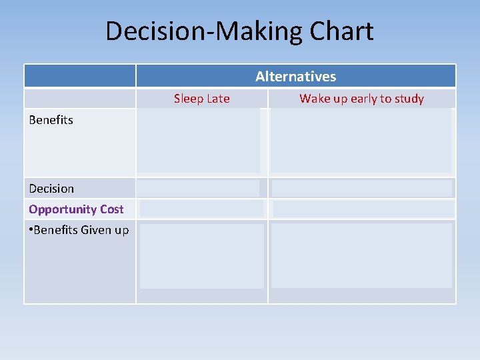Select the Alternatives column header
tap(295, 77)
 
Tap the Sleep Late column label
tap(201, 99)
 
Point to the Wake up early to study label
tap(361, 99)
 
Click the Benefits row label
tap(51, 120)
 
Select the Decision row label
tap(51, 189)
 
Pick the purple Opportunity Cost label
tap(76, 209)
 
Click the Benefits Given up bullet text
tap(79, 230)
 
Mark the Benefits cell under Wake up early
tap(361, 141)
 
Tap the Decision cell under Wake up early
tap(361, 189)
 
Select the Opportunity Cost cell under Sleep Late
tap(201, 209)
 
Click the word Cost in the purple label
tap(111, 209)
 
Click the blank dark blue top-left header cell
tap(80, 76)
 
